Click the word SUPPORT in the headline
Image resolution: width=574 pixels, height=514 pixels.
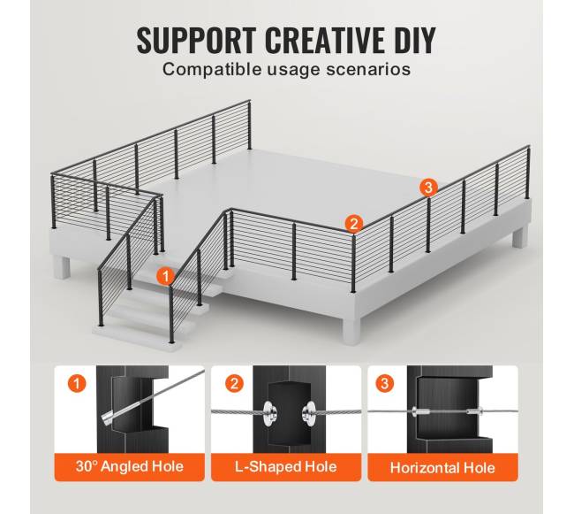pyautogui.click(x=197, y=41)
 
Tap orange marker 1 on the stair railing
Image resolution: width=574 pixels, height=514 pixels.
pyautogui.click(x=165, y=276)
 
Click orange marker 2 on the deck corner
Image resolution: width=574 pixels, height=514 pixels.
pyautogui.click(x=353, y=223)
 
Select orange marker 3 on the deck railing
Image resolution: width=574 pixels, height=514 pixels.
pyautogui.click(x=428, y=188)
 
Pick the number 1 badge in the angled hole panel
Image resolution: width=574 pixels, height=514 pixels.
pyautogui.click(x=77, y=383)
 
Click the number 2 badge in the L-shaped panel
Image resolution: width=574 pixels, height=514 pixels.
pyautogui.click(x=234, y=383)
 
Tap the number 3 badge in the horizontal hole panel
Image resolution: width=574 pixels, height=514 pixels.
pyautogui.click(x=384, y=383)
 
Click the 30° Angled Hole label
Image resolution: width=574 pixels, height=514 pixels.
pyautogui.click(x=130, y=467)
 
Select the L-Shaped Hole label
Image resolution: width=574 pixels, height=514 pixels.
pyautogui.click(x=286, y=467)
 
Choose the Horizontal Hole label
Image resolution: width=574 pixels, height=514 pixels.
pyautogui.click(x=442, y=468)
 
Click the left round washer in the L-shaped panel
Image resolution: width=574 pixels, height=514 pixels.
pyautogui.click(x=269, y=413)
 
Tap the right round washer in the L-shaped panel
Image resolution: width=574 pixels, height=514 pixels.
pyautogui.click(x=308, y=413)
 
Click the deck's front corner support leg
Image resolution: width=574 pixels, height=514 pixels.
pyautogui.click(x=351, y=331)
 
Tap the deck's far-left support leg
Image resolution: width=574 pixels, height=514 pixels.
pyautogui.click(x=62, y=267)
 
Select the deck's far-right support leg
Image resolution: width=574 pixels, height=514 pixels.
pyautogui.click(x=519, y=237)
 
